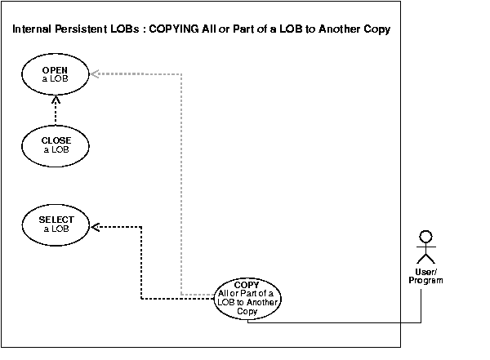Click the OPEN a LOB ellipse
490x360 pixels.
[x=55, y=74]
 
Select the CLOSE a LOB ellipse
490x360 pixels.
[x=56, y=144]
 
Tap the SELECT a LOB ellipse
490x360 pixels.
[x=56, y=224]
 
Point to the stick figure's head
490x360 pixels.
[x=423, y=238]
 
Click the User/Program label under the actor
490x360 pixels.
[x=425, y=275]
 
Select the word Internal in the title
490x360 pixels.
[x=32, y=30]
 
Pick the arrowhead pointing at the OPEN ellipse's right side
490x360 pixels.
[x=95, y=74]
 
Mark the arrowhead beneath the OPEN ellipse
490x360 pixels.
[x=56, y=100]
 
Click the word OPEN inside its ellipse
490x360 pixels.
[x=55, y=70]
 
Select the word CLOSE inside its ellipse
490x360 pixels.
[x=56, y=140]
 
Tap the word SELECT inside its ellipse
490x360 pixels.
[x=56, y=220]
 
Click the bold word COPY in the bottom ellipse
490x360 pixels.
[x=247, y=284]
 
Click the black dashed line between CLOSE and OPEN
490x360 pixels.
[x=56, y=114]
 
